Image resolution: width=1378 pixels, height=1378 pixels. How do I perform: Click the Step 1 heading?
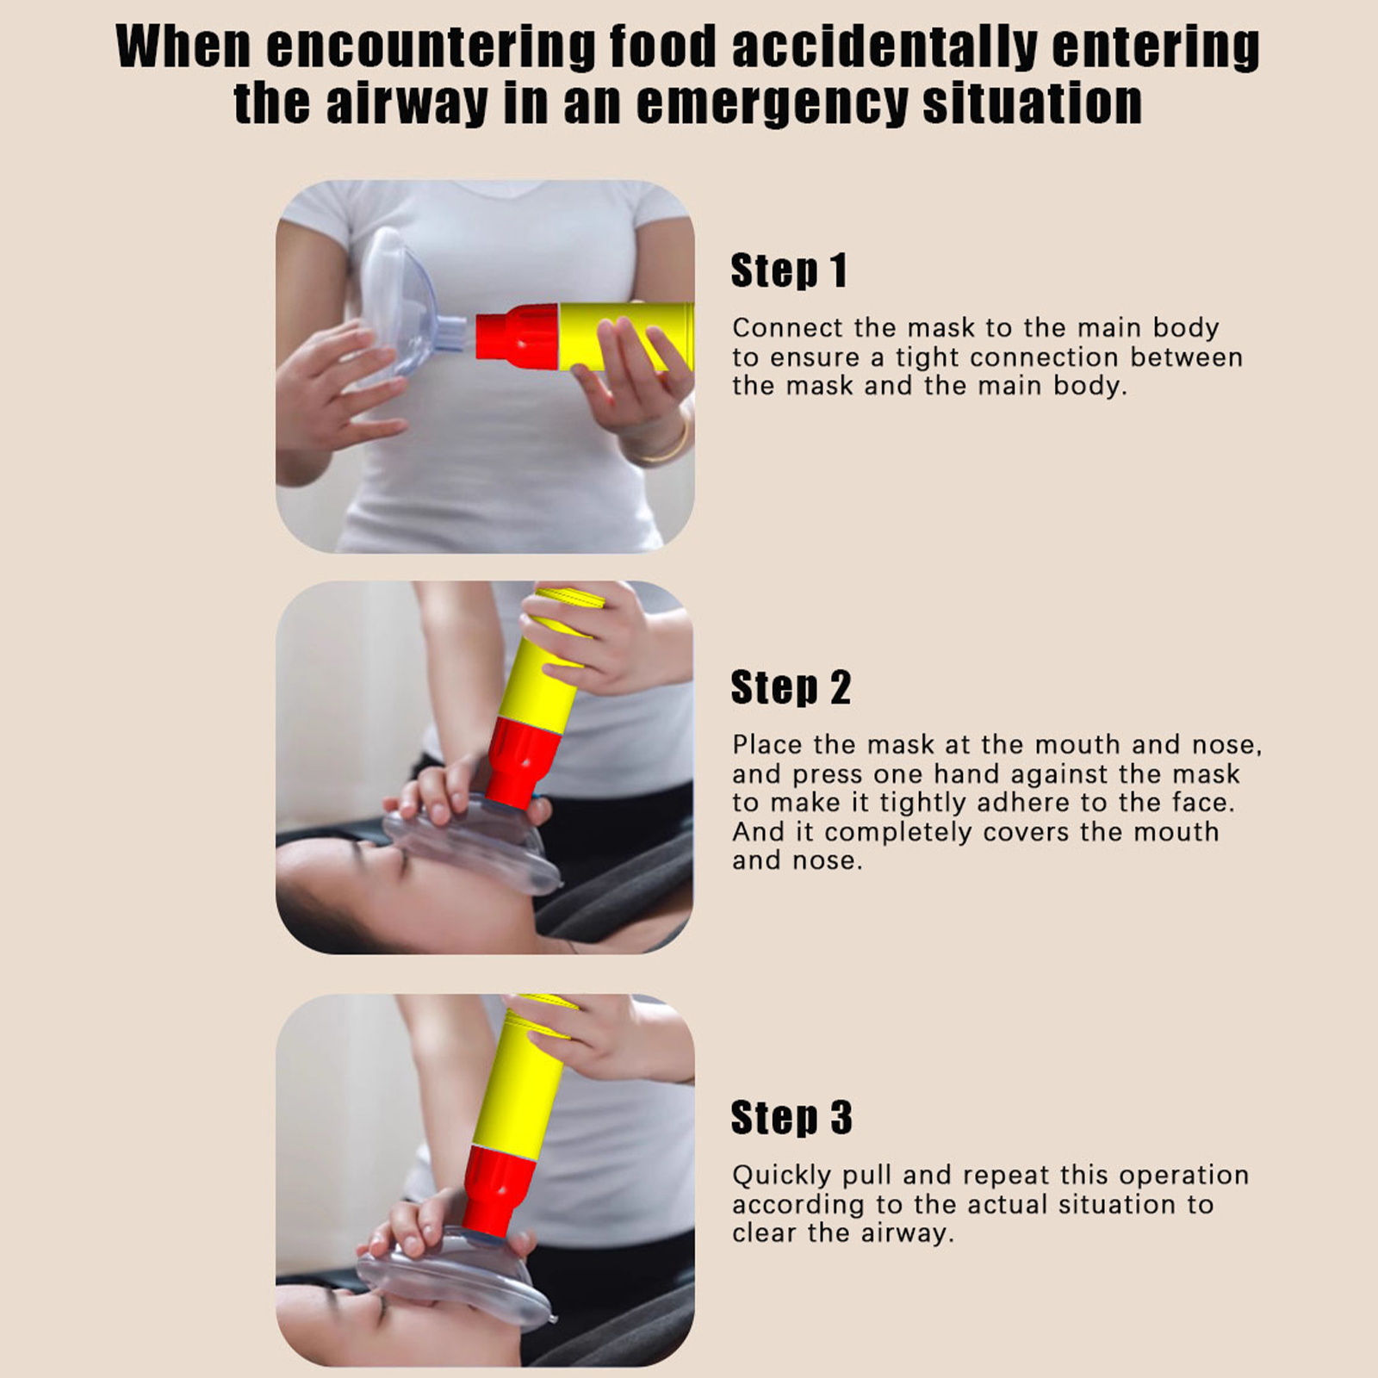789,270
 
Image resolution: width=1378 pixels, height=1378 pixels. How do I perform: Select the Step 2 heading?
791,687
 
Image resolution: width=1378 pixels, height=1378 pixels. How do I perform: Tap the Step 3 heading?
791,1118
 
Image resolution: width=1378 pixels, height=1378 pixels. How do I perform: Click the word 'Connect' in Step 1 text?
789,328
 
